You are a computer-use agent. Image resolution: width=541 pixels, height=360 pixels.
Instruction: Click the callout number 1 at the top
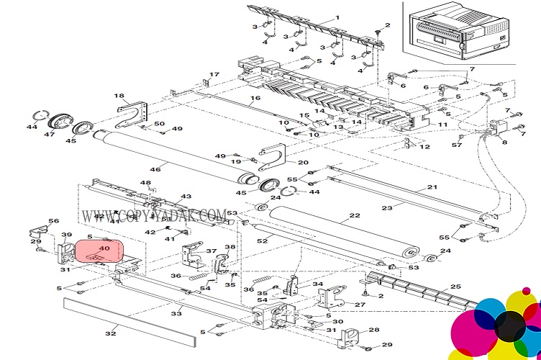(337, 17)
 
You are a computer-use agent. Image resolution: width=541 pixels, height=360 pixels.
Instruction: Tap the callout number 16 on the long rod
(255, 99)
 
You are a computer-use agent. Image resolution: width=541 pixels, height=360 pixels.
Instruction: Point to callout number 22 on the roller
(354, 215)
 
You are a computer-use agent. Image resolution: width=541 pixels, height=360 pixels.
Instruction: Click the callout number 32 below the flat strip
(111, 333)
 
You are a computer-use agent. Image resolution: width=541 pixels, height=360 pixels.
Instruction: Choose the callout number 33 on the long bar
(176, 314)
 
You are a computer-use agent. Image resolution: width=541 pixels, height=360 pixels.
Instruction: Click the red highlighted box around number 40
(100, 251)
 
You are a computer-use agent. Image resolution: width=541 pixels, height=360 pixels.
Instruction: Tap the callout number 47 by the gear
(50, 135)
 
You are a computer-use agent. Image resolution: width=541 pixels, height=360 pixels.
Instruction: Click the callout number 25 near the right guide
(455, 287)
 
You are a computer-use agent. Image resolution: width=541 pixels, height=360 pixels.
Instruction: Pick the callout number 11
(443, 124)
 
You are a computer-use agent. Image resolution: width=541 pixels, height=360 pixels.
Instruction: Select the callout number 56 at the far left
(53, 221)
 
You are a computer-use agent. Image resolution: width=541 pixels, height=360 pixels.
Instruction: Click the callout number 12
(425, 147)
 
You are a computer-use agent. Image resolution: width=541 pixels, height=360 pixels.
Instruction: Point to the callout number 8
(504, 143)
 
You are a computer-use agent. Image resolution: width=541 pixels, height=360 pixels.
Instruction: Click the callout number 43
(186, 197)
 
